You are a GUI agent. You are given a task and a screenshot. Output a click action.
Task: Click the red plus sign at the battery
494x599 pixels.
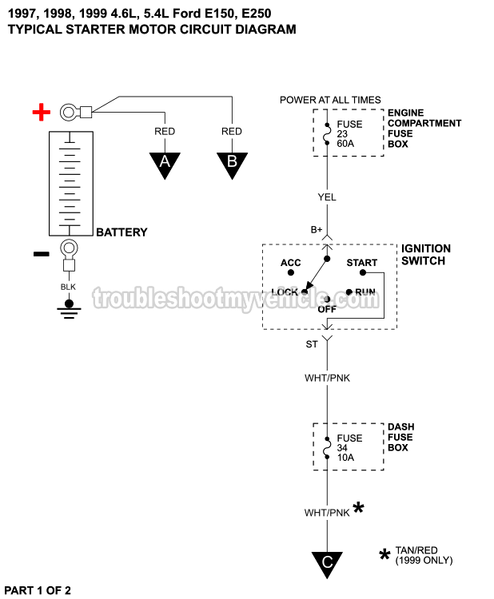coord(41,112)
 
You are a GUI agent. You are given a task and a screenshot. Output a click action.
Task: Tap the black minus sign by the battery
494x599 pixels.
coord(41,255)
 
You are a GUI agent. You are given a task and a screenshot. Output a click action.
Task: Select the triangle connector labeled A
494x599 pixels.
coord(165,164)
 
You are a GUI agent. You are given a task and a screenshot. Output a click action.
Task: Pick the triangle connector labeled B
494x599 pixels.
coord(232,164)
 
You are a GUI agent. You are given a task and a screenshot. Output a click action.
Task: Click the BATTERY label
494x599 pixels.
coord(122,232)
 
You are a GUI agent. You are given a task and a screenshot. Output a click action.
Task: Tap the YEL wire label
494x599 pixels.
coord(327,197)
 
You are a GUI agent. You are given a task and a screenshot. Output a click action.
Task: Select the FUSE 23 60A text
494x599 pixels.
coord(350,134)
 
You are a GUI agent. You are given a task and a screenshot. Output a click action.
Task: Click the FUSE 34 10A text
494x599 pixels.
coord(350,448)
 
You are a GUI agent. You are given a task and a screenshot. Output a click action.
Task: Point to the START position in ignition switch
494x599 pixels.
coord(361,263)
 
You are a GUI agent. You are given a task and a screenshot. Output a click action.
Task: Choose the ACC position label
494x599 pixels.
coord(290,263)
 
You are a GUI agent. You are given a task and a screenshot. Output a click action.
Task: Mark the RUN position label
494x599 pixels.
coord(365,292)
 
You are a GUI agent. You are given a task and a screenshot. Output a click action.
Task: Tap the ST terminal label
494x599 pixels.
coord(312,344)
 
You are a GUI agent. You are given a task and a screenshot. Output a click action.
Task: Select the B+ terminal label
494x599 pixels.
coord(317,230)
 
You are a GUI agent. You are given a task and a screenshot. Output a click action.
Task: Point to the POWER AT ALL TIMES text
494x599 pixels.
coord(330,100)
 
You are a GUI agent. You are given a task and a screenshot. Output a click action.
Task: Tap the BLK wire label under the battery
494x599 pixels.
coord(69,286)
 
